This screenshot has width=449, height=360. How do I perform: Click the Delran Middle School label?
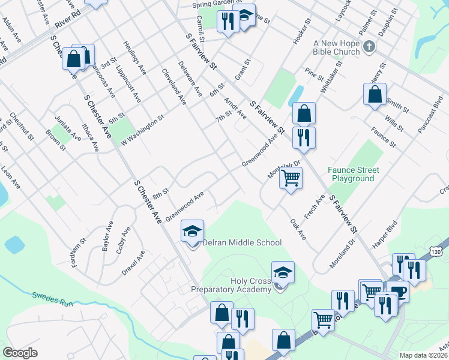click(242, 243)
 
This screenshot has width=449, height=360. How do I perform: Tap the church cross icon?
click(369, 46)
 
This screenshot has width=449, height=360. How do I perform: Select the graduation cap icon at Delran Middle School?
click(193, 232)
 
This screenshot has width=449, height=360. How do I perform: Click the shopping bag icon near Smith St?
click(375, 94)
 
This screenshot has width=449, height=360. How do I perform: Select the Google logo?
click(20, 352)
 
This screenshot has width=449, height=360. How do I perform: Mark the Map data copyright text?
click(423, 355)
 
